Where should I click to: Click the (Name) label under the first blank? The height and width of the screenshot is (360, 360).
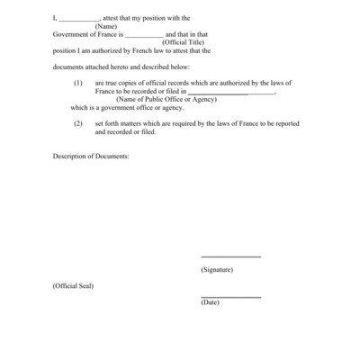[107, 26]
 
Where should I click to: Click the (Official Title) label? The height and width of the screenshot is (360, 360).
[185, 42]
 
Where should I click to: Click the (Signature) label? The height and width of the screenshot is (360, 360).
[217, 269]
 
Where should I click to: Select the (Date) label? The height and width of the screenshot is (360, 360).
[210, 302]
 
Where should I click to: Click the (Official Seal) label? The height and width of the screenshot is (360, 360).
[73, 285]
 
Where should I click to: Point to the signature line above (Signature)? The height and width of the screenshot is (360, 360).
[230, 257]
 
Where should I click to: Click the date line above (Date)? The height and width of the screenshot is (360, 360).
[230, 297]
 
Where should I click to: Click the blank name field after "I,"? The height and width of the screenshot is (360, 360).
[78, 18]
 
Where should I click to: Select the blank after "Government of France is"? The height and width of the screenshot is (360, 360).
[144, 34]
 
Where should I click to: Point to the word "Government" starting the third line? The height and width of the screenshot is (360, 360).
[71, 34]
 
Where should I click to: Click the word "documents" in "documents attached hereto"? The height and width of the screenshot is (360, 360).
[69, 66]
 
